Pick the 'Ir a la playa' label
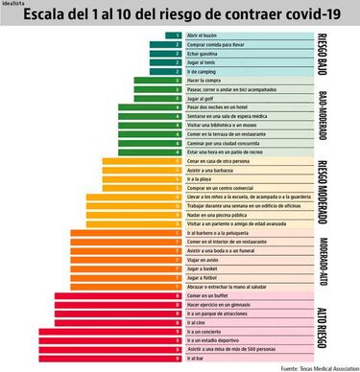click(x=201, y=179)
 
